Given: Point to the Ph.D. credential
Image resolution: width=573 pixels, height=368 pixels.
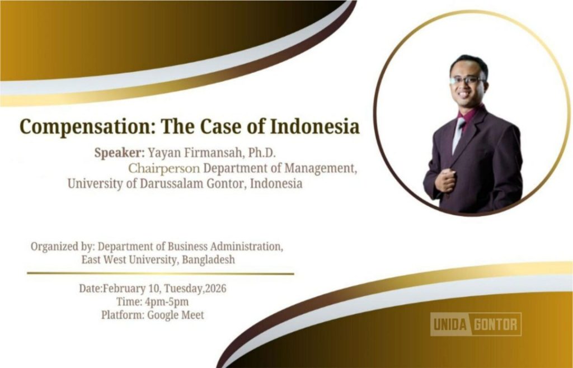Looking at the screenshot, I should point(264,153).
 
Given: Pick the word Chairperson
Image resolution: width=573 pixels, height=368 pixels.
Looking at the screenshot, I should point(164,168).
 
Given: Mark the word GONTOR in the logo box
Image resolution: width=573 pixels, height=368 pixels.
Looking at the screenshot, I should point(496,324).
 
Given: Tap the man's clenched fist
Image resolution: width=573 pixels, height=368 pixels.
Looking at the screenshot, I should point(444,181).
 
